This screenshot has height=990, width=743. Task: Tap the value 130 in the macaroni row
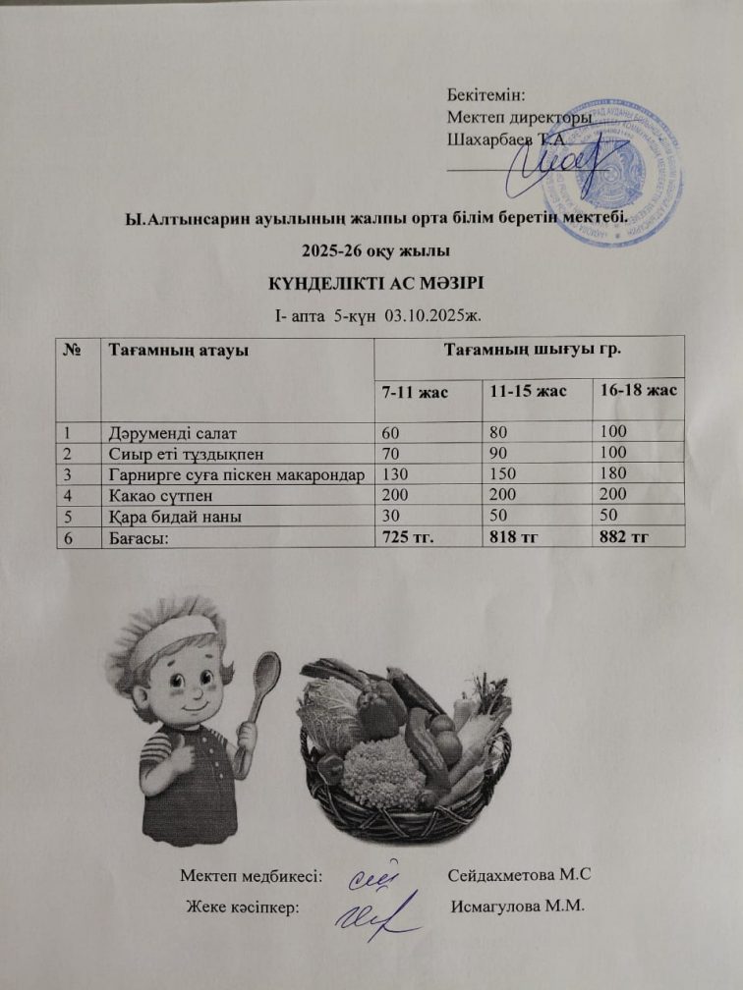[x=396, y=472]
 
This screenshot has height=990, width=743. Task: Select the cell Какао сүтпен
[x=156, y=493]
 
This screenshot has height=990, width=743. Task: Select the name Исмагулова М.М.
[x=517, y=905]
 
